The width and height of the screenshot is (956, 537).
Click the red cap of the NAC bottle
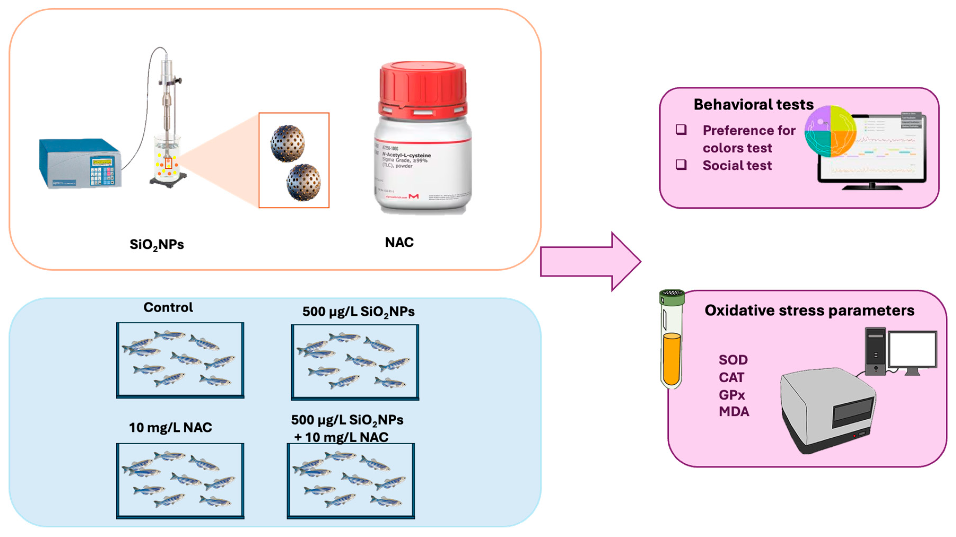tap(422, 89)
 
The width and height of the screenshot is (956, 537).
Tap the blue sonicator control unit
tap(80, 163)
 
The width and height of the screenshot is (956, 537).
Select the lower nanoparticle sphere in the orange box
tap(304, 182)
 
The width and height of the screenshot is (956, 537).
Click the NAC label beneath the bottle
tap(399, 242)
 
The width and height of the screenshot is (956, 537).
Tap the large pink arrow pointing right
tap(590, 262)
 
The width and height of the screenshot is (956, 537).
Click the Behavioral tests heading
tap(753, 105)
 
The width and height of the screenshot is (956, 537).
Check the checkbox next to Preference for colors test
tap(681, 130)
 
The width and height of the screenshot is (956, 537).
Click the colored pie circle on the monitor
tap(831, 131)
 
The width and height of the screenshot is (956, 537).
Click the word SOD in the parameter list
tap(733, 360)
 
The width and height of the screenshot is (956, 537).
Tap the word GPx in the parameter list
tap(732, 395)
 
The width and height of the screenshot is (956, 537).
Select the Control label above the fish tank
tap(168, 307)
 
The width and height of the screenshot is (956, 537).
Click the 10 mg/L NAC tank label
tap(170, 428)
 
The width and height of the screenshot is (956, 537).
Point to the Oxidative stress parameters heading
tap(809, 311)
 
